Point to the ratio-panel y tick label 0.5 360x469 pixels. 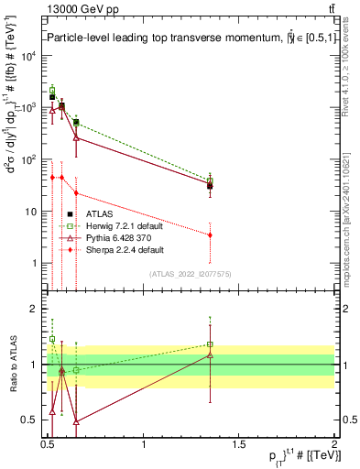28,420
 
